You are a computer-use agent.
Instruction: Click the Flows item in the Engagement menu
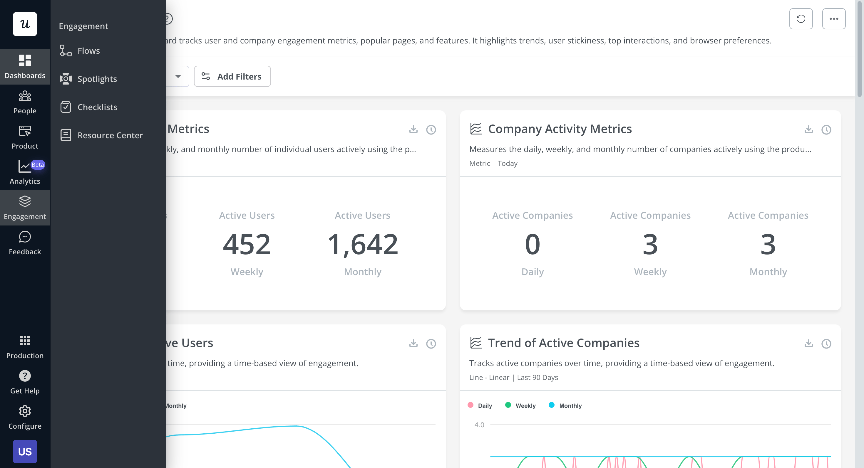[x=88, y=51]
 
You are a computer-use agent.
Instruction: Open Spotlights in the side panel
[x=97, y=79]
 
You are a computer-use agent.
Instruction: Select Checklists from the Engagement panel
[x=97, y=107]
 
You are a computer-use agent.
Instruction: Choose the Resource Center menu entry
[x=110, y=135]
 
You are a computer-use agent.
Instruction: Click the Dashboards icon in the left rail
[x=25, y=61]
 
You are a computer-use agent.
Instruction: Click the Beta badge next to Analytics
[x=38, y=165]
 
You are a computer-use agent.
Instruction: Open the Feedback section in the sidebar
[x=25, y=244]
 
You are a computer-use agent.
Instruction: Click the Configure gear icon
[x=25, y=411]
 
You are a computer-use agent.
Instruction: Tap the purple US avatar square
[x=25, y=451]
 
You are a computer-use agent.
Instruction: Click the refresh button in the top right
[x=801, y=19]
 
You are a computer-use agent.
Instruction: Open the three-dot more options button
[x=833, y=19]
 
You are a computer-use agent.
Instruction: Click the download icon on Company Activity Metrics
[x=808, y=129]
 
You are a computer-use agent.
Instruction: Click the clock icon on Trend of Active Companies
[x=826, y=344]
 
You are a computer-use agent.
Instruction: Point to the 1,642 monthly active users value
[x=363, y=245]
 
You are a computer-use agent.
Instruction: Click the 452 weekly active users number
[x=247, y=245]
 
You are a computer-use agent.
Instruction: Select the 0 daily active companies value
[x=532, y=245]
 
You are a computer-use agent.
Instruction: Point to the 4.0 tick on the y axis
[x=479, y=425]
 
